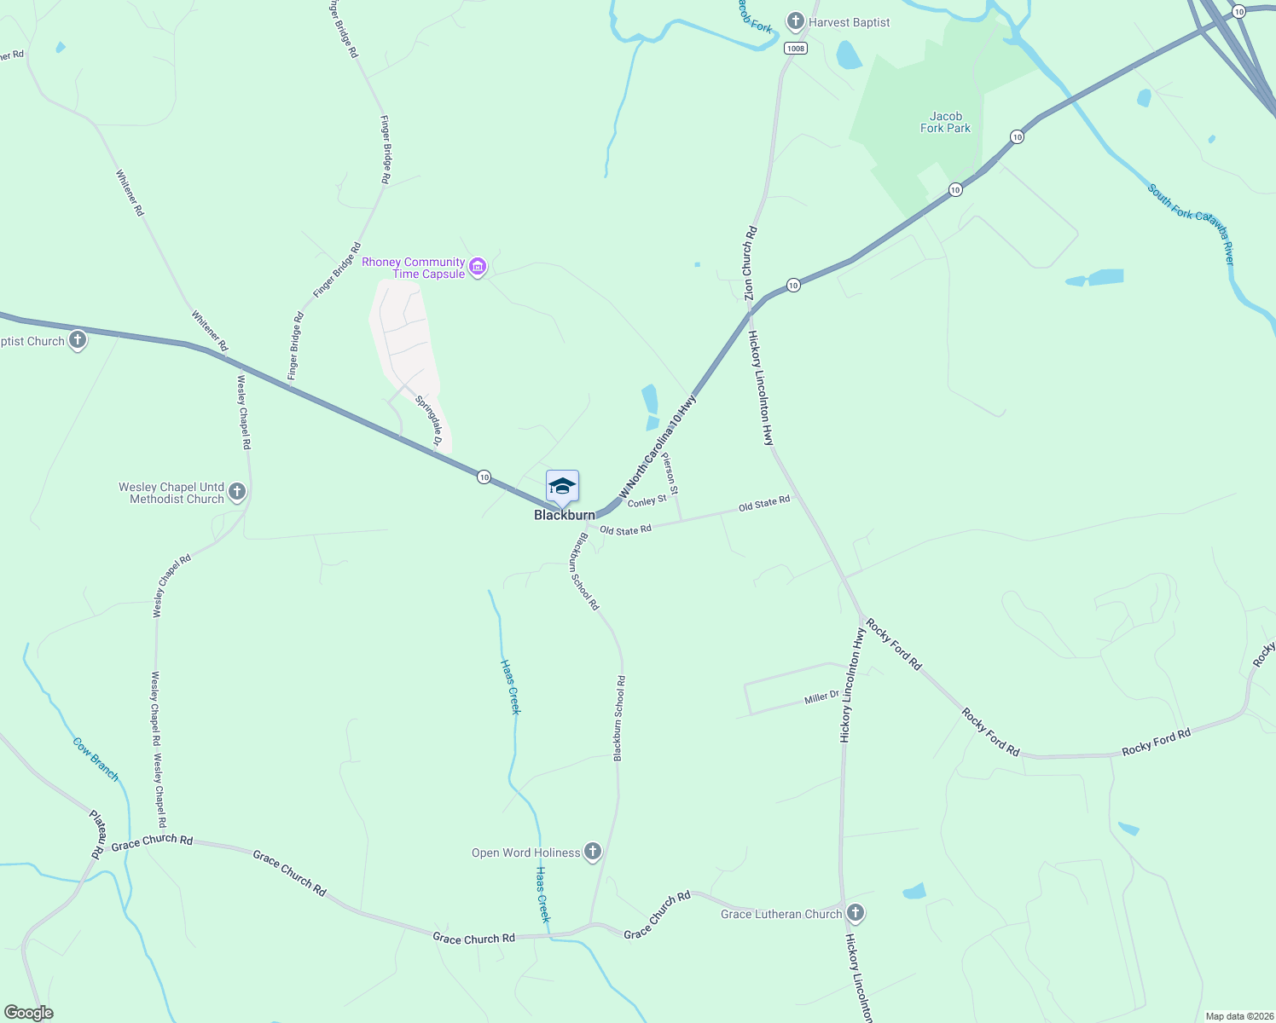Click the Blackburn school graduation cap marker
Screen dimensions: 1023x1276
pyautogui.click(x=562, y=487)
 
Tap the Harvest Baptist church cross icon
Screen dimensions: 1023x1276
pyautogui.click(x=795, y=21)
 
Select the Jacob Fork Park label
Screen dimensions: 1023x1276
pyautogui.click(x=945, y=123)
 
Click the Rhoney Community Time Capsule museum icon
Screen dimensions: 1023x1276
pyautogui.click(x=478, y=268)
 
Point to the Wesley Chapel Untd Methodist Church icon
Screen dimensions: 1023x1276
pyautogui.click(x=237, y=492)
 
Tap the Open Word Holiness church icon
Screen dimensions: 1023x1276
pyautogui.click(x=592, y=852)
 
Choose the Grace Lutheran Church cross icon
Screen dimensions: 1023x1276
pyautogui.click(x=855, y=913)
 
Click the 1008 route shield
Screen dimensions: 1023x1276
pyautogui.click(x=795, y=49)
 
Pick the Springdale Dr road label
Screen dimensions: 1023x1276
pyautogui.click(x=429, y=421)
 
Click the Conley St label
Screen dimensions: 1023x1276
pyautogui.click(x=647, y=501)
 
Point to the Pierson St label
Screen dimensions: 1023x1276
pyautogui.click(x=670, y=475)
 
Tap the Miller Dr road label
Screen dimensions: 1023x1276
pyautogui.click(x=821, y=698)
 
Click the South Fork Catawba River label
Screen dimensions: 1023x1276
pyautogui.click(x=1192, y=224)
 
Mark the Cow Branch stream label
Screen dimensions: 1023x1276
pyautogui.click(x=96, y=759)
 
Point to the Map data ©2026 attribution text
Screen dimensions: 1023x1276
pyautogui.click(x=1238, y=1016)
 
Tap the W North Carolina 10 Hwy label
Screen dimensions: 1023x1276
pyautogui.click(x=658, y=446)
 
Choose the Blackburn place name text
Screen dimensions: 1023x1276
pyautogui.click(x=564, y=515)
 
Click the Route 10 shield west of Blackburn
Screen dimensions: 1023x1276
pyautogui.click(x=484, y=477)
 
